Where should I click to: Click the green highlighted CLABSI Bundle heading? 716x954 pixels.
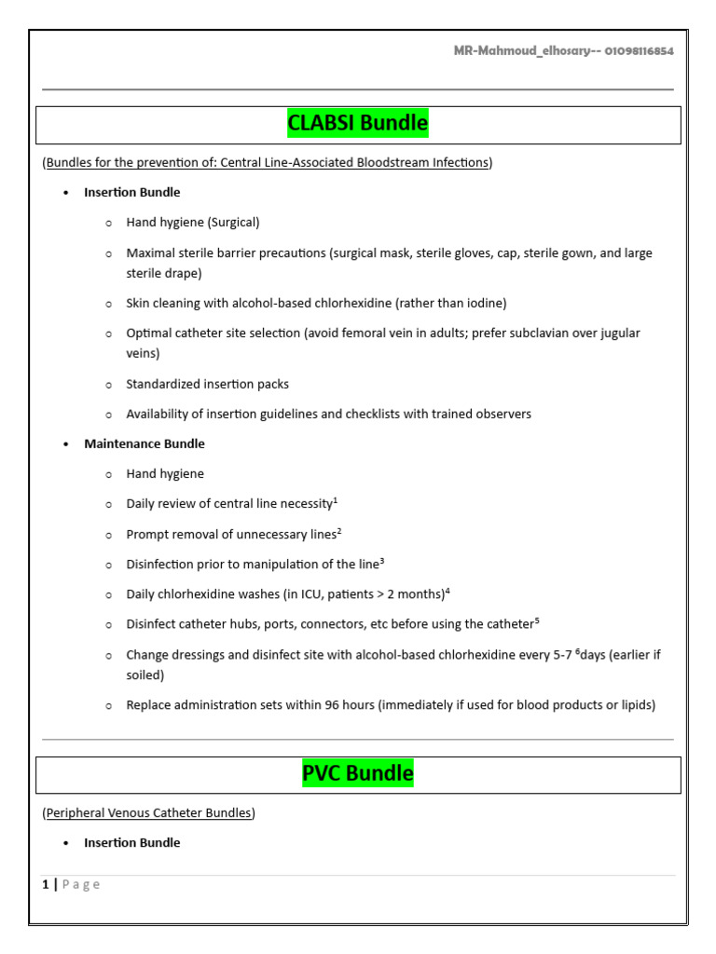click(x=358, y=123)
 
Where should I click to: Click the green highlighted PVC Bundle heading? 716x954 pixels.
click(x=358, y=773)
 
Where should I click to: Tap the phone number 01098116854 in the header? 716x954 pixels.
click(x=639, y=51)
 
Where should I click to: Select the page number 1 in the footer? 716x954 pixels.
click(x=45, y=884)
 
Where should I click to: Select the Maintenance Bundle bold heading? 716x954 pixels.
click(x=145, y=443)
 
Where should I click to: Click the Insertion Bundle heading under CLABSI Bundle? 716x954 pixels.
click(x=132, y=192)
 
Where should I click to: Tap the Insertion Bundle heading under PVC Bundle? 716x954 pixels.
click(x=132, y=842)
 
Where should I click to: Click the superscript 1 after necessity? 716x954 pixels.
click(x=336, y=500)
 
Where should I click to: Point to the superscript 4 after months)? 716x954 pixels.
click(x=448, y=591)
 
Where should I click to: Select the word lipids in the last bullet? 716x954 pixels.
click(x=633, y=705)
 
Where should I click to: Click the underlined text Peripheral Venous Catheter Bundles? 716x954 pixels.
click(x=149, y=812)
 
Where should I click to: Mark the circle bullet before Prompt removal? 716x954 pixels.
click(x=108, y=534)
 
